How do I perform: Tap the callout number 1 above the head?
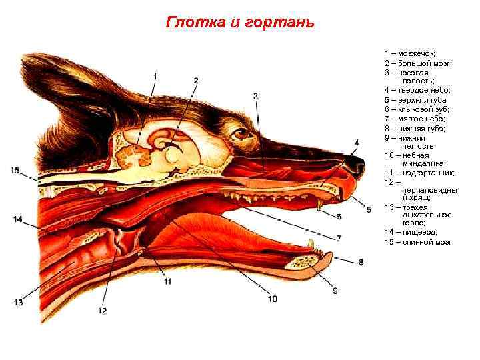pos(155,77)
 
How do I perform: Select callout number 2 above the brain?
pos(196,80)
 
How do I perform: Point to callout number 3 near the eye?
pos(256,97)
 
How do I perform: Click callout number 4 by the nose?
pos(357,142)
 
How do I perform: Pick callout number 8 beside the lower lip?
pos(361,261)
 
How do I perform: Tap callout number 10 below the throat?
pos(272,299)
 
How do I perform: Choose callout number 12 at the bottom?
pos(102,310)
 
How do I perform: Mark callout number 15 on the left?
pos(15,171)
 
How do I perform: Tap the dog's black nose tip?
pos(358,162)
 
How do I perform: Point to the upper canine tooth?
pos(319,205)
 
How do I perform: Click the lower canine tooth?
pos(310,244)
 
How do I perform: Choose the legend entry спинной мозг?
pos(427,241)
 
